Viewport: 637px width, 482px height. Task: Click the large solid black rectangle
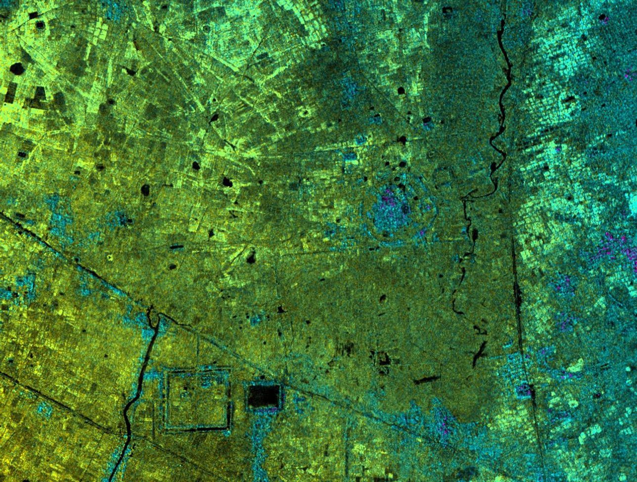point(264,396)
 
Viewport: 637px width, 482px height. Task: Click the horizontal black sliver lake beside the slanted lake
point(426,380)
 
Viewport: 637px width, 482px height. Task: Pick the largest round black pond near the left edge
point(17,68)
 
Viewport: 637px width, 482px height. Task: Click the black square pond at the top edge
point(447,10)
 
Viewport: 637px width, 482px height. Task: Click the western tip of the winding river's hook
point(464,199)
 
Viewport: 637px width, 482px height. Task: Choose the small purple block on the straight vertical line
point(524,391)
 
